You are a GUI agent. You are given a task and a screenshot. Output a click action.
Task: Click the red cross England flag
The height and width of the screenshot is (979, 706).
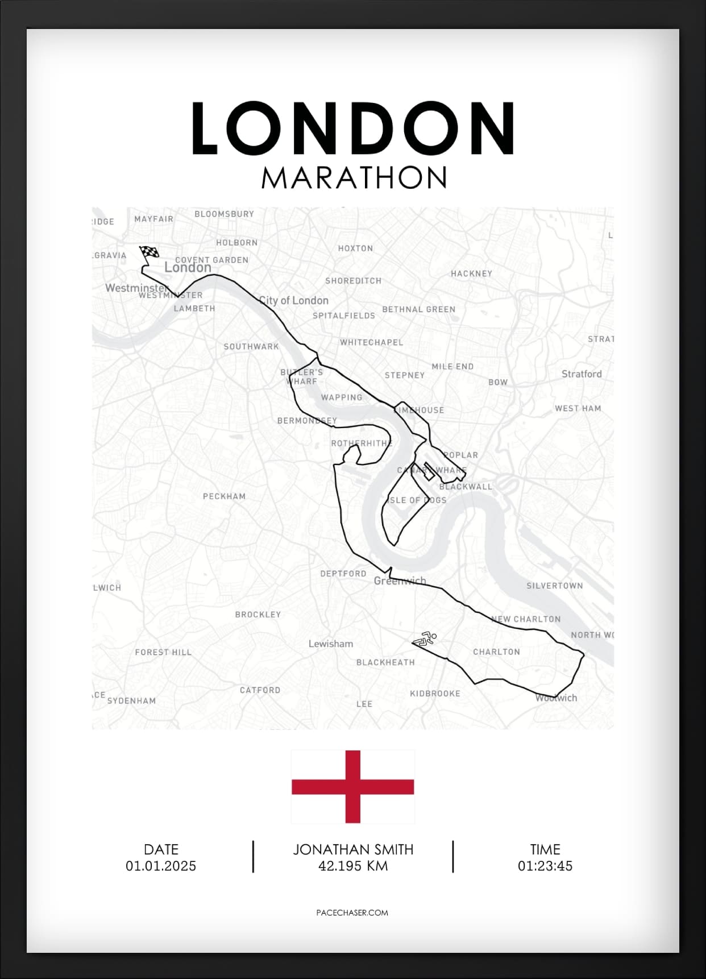352,787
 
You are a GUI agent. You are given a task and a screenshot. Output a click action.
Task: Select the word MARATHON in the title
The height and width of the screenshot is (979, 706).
354,178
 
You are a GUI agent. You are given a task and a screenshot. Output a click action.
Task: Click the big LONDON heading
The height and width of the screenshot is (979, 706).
353,128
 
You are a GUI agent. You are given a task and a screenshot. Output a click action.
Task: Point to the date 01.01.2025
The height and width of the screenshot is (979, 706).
161,866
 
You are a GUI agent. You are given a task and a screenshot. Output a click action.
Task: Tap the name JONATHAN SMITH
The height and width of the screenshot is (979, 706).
353,849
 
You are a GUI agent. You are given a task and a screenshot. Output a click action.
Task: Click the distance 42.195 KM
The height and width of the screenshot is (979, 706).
353,866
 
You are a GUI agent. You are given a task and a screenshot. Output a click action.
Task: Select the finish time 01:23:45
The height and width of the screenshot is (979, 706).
545,866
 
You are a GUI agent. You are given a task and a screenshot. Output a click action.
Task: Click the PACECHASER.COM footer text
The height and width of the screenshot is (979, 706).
352,912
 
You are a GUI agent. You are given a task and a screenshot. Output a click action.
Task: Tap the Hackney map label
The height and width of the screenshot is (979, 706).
471,273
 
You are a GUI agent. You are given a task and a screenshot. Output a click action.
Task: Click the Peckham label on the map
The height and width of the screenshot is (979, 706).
224,496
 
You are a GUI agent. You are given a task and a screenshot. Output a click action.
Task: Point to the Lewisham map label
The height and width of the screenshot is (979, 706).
331,644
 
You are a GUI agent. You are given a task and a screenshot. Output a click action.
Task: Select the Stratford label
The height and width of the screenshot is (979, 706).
582,374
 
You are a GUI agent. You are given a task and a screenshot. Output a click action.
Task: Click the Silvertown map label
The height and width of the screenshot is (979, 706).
554,586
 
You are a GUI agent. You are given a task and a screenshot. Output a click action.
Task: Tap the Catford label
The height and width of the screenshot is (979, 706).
260,690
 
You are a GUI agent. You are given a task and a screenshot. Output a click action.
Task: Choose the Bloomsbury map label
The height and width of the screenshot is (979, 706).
224,214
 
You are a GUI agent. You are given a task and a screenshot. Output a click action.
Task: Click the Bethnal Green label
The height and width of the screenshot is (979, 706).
418,309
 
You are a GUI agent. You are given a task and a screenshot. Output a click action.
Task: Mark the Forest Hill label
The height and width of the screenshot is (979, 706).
163,652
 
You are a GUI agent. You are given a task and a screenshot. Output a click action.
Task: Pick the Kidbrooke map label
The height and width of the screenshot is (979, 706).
435,694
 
